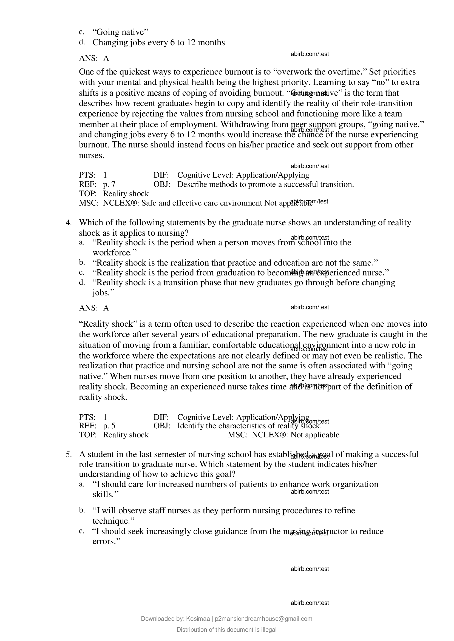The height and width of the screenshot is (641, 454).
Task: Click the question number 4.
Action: pos(68,223)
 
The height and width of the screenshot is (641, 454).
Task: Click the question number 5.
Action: pos(68,454)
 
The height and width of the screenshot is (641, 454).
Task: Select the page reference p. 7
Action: pos(109,184)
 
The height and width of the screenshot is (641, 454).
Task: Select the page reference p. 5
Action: pos(109,426)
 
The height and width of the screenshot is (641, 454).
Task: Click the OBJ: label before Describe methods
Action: pos(161,184)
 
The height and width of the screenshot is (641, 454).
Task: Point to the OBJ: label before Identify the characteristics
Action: pos(161,426)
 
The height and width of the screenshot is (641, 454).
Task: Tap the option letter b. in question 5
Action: pos(82,510)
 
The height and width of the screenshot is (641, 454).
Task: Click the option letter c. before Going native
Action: pos(82,32)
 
